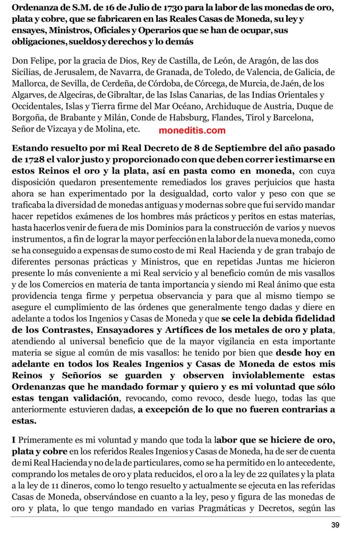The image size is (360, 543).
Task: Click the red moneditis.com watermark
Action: click(x=192, y=130)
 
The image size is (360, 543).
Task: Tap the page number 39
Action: click(x=335, y=525)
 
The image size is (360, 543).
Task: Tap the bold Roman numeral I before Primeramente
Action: click(x=13, y=439)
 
